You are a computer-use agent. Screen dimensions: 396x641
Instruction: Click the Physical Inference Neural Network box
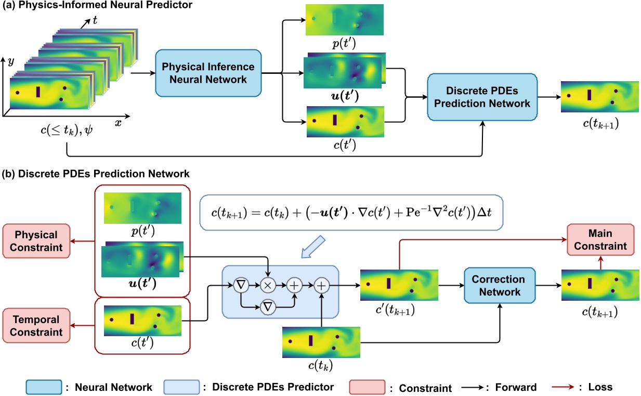(x=208, y=73)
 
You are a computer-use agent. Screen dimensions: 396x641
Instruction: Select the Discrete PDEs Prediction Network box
(x=481, y=97)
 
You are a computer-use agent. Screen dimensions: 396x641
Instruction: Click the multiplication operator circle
(x=267, y=285)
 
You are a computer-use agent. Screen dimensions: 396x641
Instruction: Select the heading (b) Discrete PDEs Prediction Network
(x=97, y=173)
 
